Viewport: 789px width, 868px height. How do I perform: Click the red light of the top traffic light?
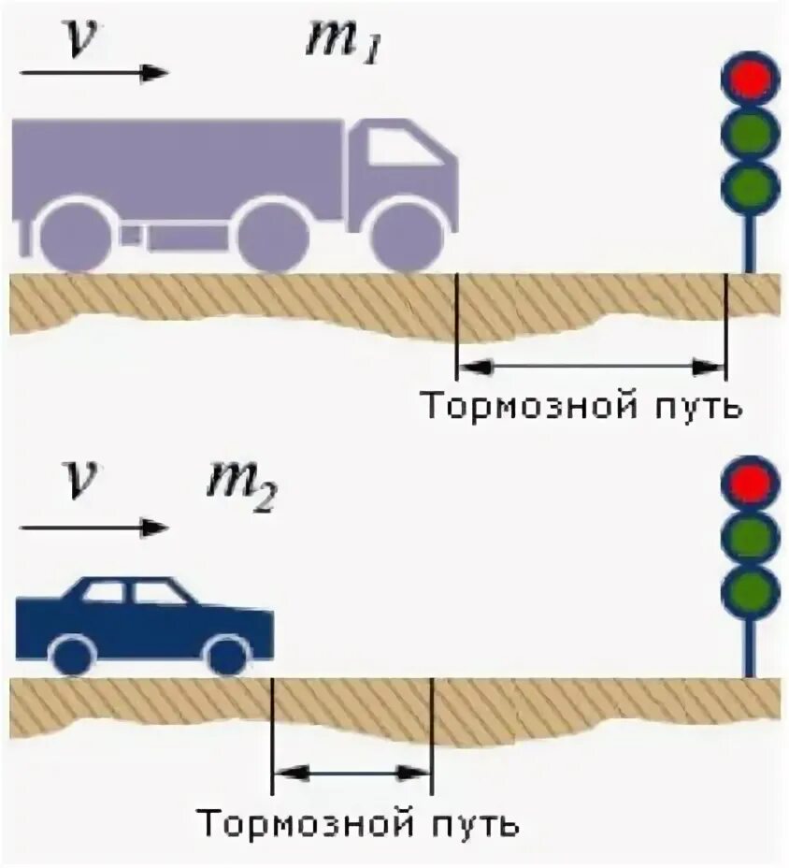tap(750, 78)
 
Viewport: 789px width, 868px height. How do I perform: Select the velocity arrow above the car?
tap(93, 528)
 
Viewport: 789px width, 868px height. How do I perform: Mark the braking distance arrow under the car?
tap(351, 773)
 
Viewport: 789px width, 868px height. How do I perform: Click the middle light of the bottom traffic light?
tap(750, 536)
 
